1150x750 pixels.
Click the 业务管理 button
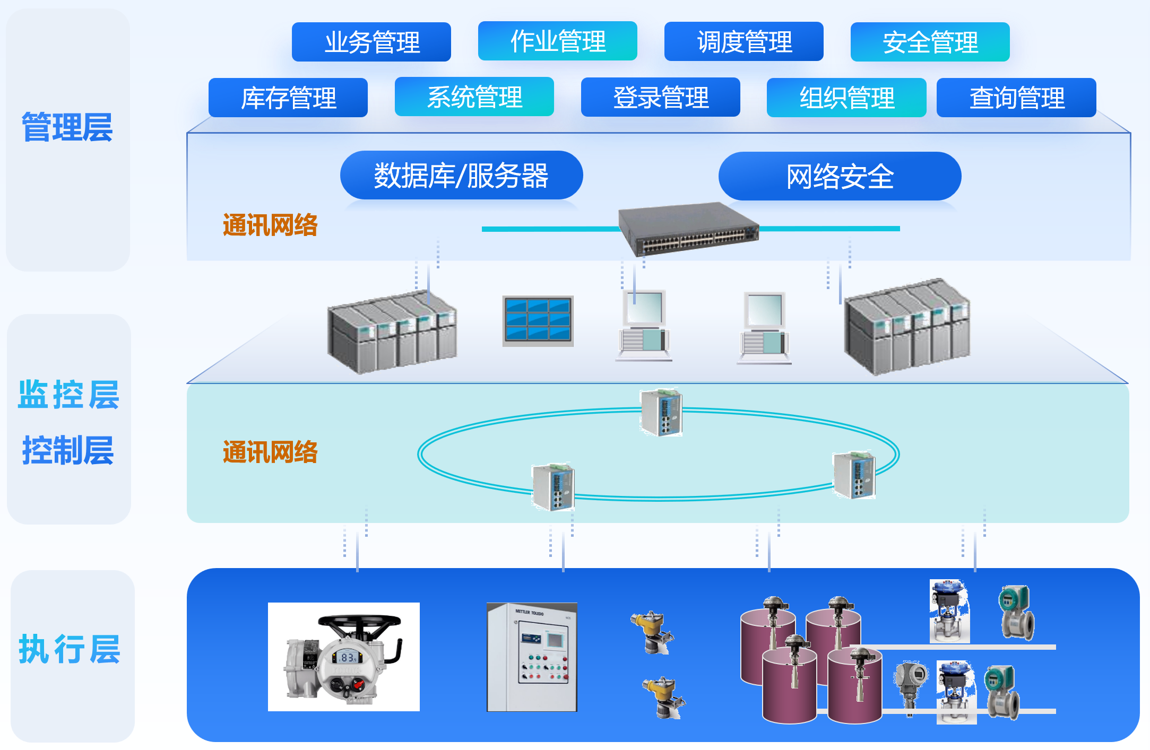[371, 42]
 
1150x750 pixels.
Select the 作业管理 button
[557, 41]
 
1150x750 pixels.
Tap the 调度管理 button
[743, 41]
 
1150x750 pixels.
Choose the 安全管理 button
[930, 42]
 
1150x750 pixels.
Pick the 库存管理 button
[288, 98]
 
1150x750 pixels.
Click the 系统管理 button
[474, 97]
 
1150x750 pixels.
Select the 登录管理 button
[660, 97]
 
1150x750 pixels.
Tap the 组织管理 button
[846, 98]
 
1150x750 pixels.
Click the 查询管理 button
[1016, 98]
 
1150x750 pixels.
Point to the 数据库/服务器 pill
[461, 176]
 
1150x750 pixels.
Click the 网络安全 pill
[840, 176]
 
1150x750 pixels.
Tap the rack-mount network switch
[689, 229]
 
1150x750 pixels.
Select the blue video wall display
[538, 320]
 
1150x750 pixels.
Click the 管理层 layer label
[67, 128]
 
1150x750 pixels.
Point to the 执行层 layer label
[70, 649]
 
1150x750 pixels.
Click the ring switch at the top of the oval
[661, 412]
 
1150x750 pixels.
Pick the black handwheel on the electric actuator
[360, 622]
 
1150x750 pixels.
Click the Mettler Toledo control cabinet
[532, 657]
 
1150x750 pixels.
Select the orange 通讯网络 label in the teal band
[270, 452]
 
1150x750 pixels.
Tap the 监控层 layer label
[68, 395]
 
